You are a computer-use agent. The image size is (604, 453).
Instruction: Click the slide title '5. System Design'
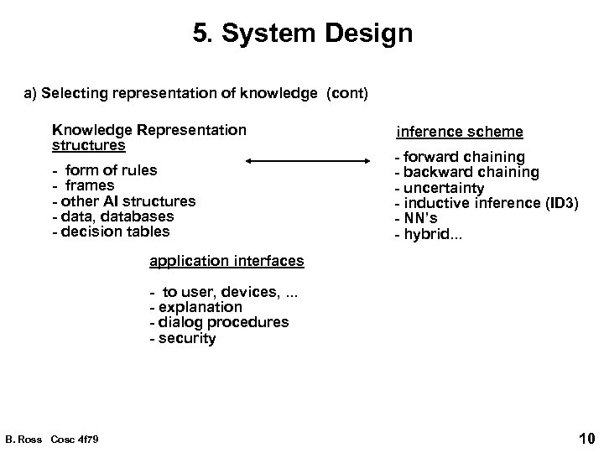[x=302, y=35]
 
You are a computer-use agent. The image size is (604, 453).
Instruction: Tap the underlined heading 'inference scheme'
[x=459, y=132]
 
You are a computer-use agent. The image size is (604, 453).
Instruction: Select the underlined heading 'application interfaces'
[x=226, y=261]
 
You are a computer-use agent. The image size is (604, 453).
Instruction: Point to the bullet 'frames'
[x=90, y=185]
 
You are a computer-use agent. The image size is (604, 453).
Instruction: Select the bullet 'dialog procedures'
[x=219, y=322]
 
